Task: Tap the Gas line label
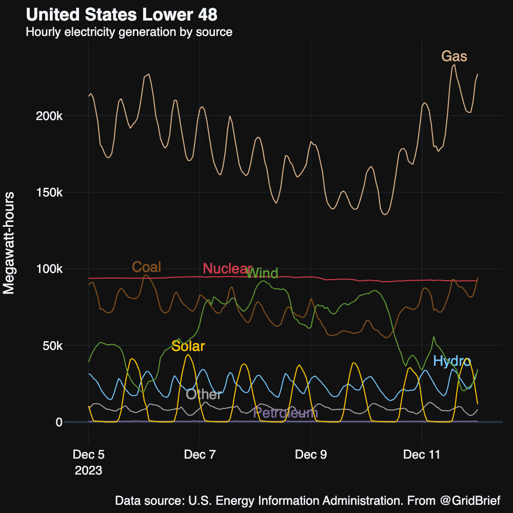455,56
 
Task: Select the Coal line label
147,267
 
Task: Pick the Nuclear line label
227,269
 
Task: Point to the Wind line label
262,273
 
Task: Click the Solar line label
188,346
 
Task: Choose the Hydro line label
452,361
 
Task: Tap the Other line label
204,394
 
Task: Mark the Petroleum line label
286,413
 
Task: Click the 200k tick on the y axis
49,116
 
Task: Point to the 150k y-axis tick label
49,192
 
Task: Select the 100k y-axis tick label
49,269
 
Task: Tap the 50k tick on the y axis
52,345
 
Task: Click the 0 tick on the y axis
59,422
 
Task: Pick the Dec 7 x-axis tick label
200,455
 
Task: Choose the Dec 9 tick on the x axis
311,455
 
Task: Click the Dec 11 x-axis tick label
422,455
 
